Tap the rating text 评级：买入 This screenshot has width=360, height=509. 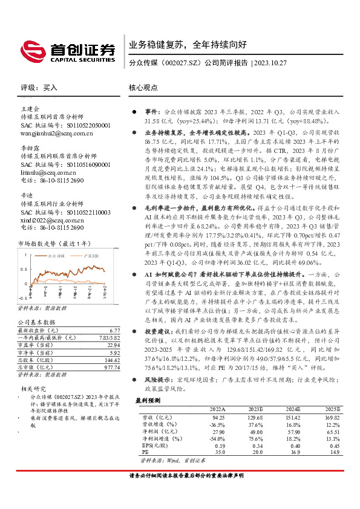(x=39, y=88)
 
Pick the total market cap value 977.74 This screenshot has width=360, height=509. (x=96, y=367)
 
